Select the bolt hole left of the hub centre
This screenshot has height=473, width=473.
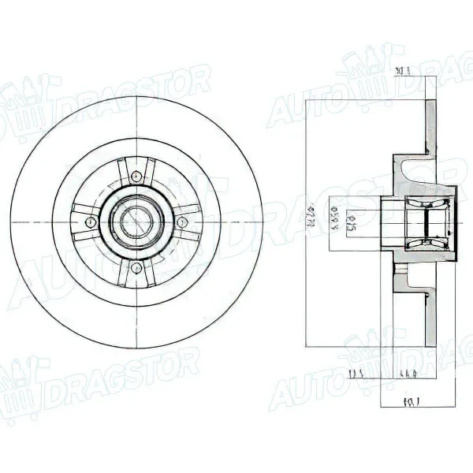click(x=91, y=222)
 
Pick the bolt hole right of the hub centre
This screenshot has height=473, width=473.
click(x=183, y=222)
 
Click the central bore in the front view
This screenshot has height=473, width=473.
click(x=136, y=222)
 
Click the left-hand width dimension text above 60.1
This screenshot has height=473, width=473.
click(x=356, y=373)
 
